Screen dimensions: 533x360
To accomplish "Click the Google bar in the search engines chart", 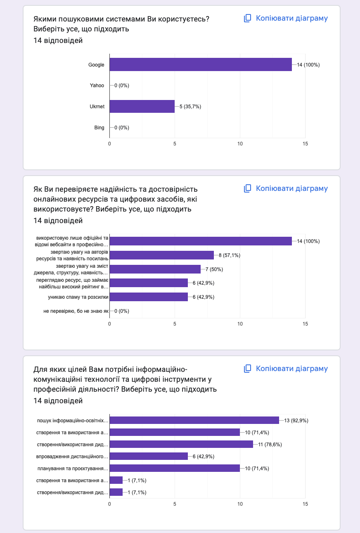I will click(x=200, y=64).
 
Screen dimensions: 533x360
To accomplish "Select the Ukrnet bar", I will click(x=142, y=106).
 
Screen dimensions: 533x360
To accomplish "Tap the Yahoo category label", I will click(x=97, y=86).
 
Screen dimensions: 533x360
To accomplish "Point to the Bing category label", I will click(x=99, y=127).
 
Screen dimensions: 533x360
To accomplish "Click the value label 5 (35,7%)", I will click(x=190, y=106).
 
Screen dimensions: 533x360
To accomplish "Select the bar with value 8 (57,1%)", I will click(x=161, y=255).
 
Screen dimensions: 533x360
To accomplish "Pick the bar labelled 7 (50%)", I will click(x=155, y=269).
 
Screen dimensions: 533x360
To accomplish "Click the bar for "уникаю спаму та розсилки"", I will click(x=148, y=297).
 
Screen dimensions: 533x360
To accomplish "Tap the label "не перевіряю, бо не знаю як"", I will click(x=76, y=311).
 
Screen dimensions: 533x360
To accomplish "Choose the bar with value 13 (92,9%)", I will click(x=194, y=420).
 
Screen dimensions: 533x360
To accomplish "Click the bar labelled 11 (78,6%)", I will click(x=181, y=444).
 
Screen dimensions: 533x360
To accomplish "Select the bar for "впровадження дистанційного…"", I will click(x=148, y=456).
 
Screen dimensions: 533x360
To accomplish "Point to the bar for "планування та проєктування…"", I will click(x=174, y=468).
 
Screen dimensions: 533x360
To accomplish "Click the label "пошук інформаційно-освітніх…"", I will click(x=73, y=421).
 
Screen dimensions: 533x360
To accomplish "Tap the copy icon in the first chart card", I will click(x=248, y=18).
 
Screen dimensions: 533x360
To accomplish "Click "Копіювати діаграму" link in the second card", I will click(x=291, y=188).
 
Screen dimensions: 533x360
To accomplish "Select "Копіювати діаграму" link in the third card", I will click(x=291, y=369).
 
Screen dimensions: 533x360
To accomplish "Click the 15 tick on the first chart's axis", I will click(x=305, y=143).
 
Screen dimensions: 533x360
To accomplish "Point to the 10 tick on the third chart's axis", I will click(x=240, y=504).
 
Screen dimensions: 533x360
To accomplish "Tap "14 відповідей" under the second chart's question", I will click(x=58, y=221).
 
